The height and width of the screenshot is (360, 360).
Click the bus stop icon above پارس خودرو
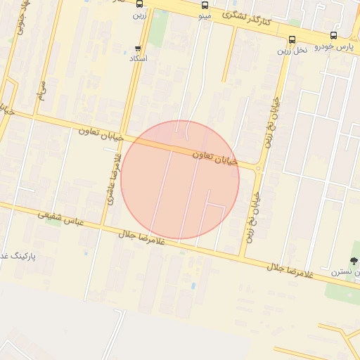pyautogui.click(x=333, y=35)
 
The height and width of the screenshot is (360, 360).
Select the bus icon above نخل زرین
pyautogui.click(x=292, y=39)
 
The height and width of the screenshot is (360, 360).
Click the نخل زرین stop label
pyautogui.click(x=292, y=51)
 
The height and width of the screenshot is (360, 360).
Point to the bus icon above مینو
pyautogui.click(x=205, y=5)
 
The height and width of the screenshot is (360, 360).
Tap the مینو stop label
pyautogui.click(x=205, y=15)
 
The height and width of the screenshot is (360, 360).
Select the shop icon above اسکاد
pyautogui.click(x=138, y=49)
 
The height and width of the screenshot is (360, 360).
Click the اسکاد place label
pyautogui.click(x=138, y=59)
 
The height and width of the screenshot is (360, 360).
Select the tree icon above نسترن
pyautogui.click(x=354, y=261)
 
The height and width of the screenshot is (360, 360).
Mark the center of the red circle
pyautogui.click(x=180, y=180)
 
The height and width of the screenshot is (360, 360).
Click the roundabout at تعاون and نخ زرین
pyautogui.click(x=259, y=168)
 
